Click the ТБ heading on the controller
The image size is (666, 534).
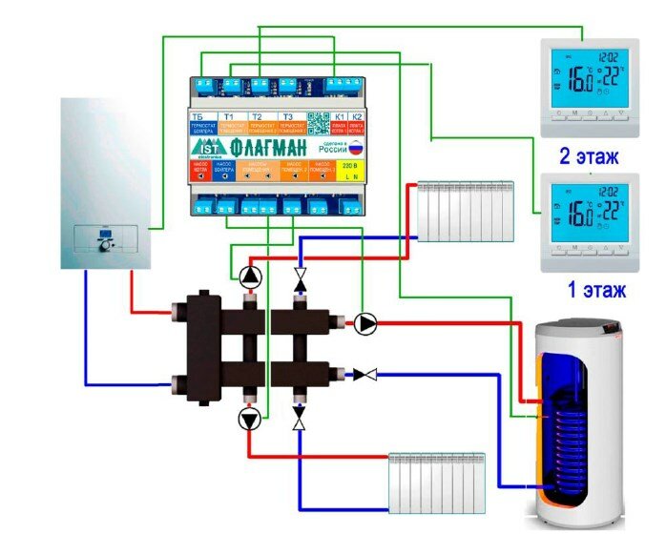(x=198, y=117)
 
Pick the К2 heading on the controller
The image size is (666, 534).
(x=356, y=117)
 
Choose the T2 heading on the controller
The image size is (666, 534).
(x=257, y=117)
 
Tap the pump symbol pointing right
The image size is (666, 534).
(x=365, y=324)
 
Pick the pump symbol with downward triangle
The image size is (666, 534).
(x=250, y=420)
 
